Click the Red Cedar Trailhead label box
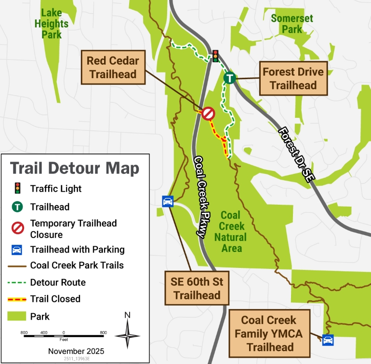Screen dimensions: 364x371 [x=113, y=68]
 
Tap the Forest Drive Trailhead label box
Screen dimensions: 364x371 [x=293, y=78]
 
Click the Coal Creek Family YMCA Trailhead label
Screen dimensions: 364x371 [x=268, y=334]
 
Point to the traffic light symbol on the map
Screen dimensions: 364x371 [x=215, y=56]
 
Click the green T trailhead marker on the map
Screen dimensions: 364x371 [x=230, y=77]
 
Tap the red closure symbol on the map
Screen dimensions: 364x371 [x=208, y=113]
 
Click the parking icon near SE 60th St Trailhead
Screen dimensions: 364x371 [x=168, y=201]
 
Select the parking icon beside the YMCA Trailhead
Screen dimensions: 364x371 [x=328, y=340]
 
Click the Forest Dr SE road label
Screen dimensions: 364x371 [x=295, y=154]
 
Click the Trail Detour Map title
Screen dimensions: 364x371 [x=75, y=168]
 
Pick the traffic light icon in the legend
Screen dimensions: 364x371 [x=17, y=189]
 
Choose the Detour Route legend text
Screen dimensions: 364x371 [x=57, y=282]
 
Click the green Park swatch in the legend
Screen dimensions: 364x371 [x=17, y=317]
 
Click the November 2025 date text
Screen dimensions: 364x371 [x=76, y=351]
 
